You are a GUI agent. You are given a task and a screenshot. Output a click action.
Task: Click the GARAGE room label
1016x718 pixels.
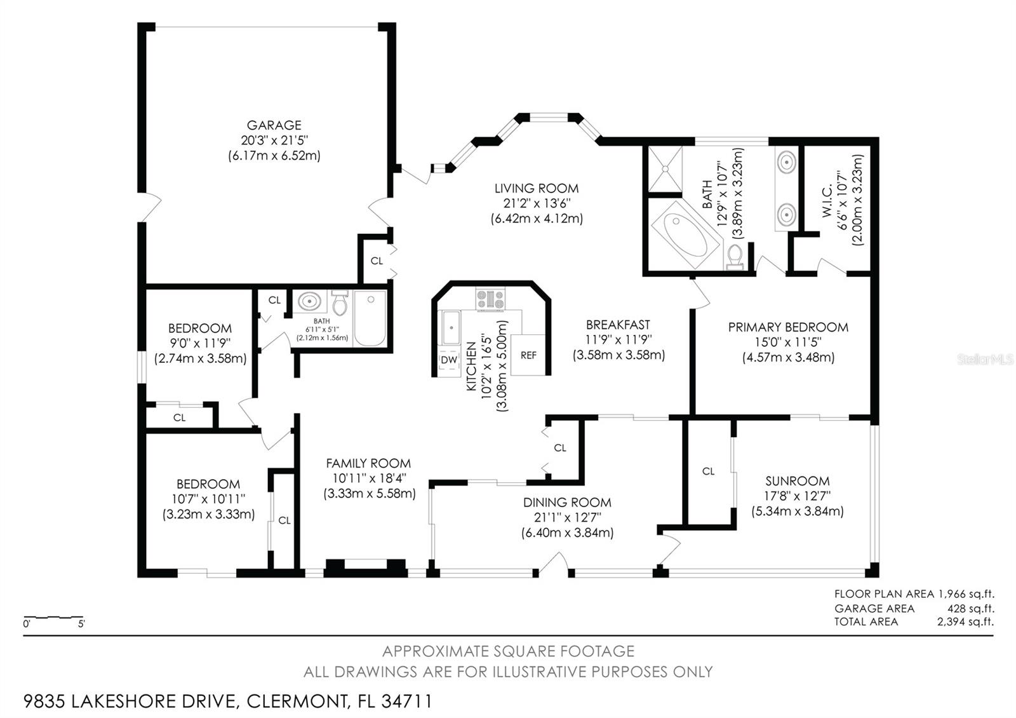coord(274,125)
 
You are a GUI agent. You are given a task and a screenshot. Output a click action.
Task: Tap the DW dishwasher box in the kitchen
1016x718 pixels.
coord(449,360)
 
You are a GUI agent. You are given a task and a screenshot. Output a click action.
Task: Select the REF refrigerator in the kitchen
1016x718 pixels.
coord(528,355)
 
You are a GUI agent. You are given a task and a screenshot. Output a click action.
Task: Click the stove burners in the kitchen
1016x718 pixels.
coord(490,299)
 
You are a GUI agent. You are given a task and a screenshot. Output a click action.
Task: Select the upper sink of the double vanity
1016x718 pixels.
coord(786,163)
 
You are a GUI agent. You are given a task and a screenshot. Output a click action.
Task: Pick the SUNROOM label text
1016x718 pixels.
coord(797,481)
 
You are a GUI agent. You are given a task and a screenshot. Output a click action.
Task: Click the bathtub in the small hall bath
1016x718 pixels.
coord(370,317)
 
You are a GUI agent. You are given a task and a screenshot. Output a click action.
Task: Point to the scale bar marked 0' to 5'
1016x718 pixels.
coord(53,618)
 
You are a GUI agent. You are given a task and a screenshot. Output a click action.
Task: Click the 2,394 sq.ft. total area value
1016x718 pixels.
coord(965,622)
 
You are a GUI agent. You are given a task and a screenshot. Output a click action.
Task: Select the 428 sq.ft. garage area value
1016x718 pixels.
coord(970,608)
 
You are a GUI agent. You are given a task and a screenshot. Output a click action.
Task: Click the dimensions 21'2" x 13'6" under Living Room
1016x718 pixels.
coord(536,203)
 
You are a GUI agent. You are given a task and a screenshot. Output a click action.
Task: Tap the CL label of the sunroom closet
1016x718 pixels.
coord(709,471)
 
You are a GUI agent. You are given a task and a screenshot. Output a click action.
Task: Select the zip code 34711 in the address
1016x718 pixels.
coord(407,701)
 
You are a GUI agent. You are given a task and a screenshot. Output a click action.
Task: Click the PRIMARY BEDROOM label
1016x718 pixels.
coord(788,327)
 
